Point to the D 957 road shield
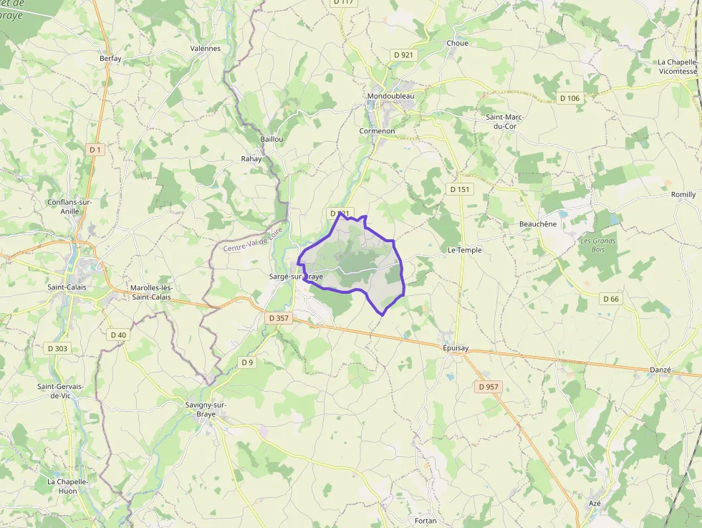coord(489,387)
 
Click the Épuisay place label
coord(456,348)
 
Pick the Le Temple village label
coord(464,250)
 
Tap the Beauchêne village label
coord(537,224)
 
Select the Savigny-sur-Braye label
coord(206,409)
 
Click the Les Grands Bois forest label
coord(598,245)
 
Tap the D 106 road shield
coord(569,98)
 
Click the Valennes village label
coord(206,49)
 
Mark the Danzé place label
coord(660,370)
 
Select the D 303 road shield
coord(59,349)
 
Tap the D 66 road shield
coord(610,299)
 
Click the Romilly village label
coord(683,194)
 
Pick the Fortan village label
coord(425,521)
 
